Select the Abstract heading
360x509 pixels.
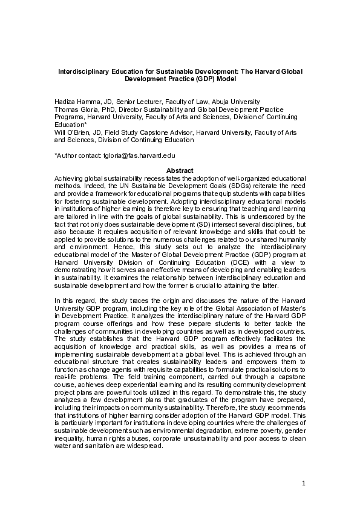180,171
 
